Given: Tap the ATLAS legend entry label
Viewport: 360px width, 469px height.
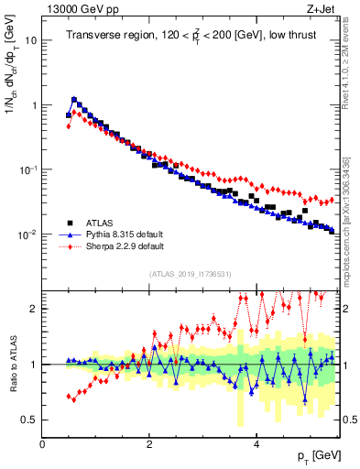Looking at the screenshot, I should (x=101, y=222).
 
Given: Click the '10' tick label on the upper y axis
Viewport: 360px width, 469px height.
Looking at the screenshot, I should (x=30, y=41).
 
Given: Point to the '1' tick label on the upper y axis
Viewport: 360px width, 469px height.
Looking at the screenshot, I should (x=34, y=105).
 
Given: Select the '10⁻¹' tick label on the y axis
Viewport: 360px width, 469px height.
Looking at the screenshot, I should (x=27, y=169).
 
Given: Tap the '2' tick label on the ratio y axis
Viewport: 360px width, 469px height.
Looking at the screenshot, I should (x=34, y=309).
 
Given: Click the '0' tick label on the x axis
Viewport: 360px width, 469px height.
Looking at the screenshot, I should (x=43, y=444).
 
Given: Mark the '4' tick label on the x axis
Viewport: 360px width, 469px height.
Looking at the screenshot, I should (x=256, y=444).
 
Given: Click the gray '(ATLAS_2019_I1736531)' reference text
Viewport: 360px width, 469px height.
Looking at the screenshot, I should (x=191, y=274).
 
